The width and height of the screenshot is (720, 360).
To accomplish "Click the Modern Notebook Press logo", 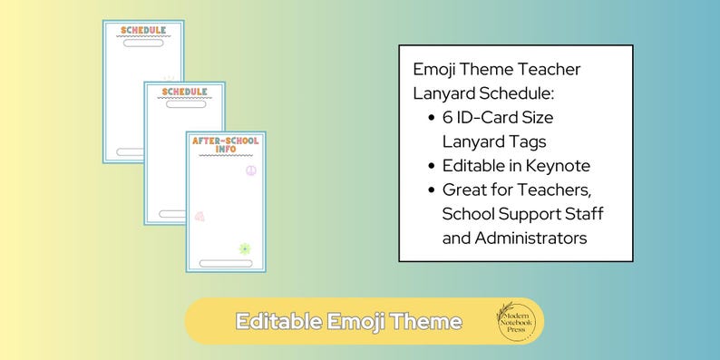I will tap(519, 321).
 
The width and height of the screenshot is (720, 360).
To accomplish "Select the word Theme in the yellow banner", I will tap(429, 322).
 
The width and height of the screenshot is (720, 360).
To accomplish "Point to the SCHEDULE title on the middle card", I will tap(184, 92).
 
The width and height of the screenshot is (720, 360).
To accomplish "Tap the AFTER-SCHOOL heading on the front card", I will tap(226, 141).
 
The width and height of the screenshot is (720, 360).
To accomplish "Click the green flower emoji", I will tap(243, 248).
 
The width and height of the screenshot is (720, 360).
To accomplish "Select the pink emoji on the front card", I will tap(199, 217).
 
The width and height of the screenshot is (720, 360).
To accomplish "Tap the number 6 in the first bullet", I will tap(448, 118).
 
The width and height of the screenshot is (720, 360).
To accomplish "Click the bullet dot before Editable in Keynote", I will tap(430, 166).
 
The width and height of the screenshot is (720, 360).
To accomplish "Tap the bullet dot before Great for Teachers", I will tap(430, 190).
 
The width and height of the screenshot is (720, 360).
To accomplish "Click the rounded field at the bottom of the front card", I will tap(227, 263).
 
